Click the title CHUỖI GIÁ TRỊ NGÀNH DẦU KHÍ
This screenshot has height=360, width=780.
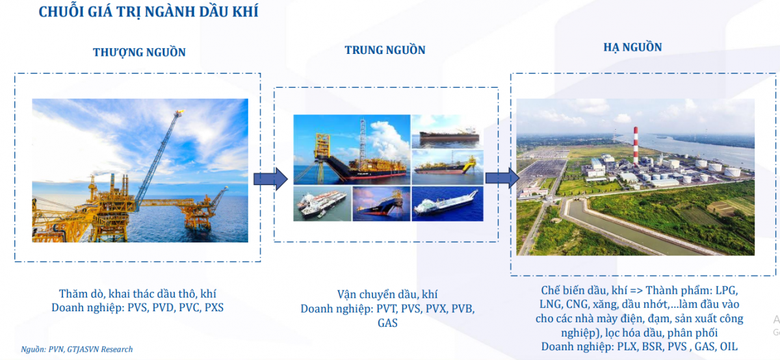[148, 12]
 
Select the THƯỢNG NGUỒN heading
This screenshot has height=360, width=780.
[139, 53]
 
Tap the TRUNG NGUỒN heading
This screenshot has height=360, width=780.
[385, 50]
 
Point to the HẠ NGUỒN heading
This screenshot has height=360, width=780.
[632, 47]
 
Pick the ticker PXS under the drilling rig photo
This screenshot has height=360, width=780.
[213, 307]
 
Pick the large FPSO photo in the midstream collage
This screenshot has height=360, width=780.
[351, 148]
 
